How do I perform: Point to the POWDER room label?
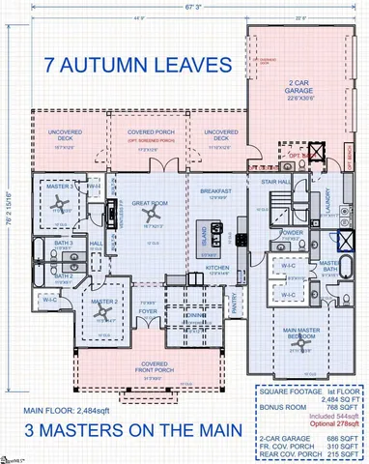(x=292, y=233)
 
